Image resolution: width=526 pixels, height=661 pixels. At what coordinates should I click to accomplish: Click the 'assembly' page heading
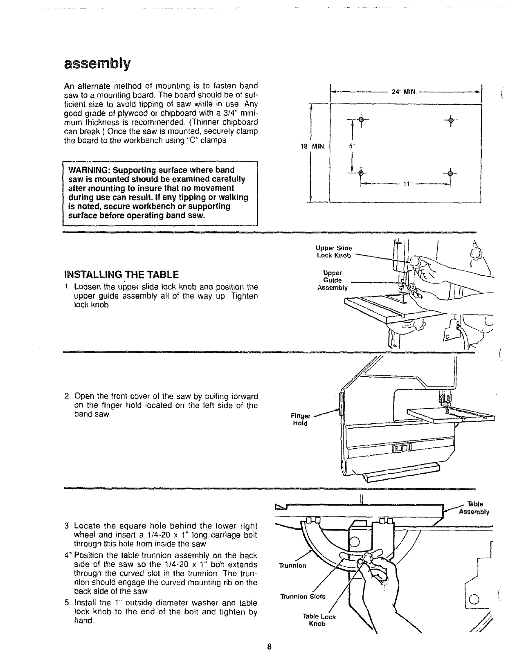(97, 65)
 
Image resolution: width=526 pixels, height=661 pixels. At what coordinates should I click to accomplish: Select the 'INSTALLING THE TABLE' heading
(121, 274)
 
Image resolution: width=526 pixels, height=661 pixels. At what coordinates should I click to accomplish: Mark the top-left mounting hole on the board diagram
(360, 119)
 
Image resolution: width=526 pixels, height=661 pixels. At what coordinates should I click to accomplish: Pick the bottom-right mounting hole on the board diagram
(450, 173)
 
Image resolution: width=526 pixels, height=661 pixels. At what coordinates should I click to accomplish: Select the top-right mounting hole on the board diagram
(450, 119)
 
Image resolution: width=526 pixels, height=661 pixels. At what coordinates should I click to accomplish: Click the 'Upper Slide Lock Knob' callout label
(334, 252)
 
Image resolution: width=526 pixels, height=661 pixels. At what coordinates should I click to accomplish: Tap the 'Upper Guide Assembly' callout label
(332, 280)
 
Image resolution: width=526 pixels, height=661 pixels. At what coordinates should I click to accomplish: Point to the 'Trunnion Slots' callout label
(303, 596)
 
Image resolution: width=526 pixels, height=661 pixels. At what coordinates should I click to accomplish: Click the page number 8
(269, 647)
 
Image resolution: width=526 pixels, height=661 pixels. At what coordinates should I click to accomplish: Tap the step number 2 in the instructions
(66, 396)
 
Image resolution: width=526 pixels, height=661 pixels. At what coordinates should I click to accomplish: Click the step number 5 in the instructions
(66, 603)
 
